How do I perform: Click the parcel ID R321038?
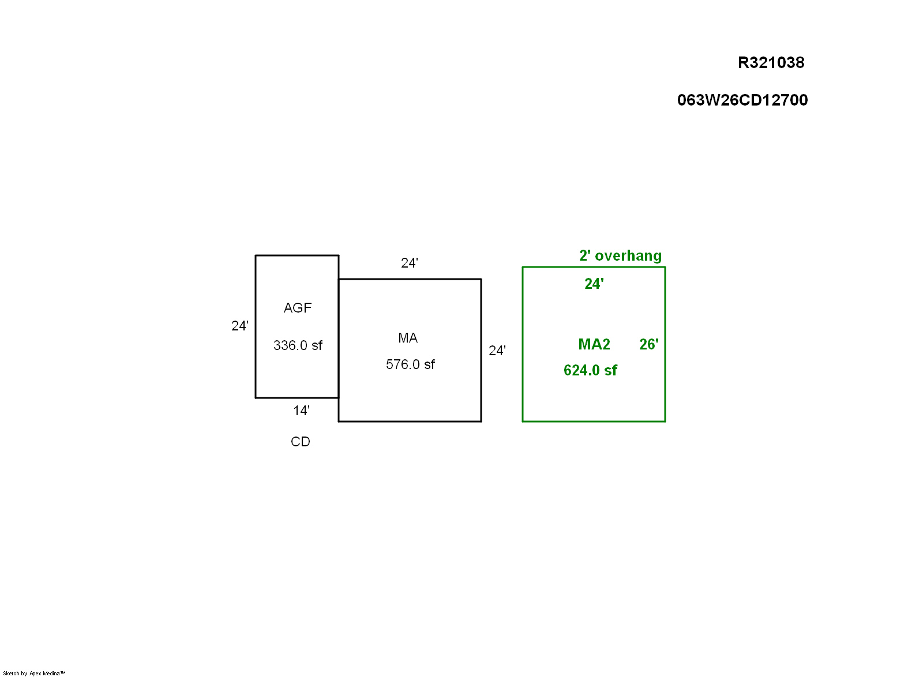[x=771, y=63]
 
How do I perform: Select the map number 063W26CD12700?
[x=742, y=100]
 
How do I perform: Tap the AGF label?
[x=297, y=308]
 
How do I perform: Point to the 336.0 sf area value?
[x=298, y=345]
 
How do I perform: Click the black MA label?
[x=408, y=338]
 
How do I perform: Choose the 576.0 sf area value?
[x=410, y=364]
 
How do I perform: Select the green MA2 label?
[x=594, y=344]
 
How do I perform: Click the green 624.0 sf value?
[x=590, y=370]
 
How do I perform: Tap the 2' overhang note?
[x=620, y=255]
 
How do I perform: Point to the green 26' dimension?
[x=649, y=344]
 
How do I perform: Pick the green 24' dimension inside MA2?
[x=594, y=284]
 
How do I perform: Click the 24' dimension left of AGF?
[x=240, y=326]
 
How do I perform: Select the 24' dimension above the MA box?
[x=410, y=263]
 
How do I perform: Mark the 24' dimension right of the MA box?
[x=497, y=351]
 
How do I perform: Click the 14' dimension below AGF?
[x=301, y=411]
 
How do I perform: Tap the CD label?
[x=301, y=442]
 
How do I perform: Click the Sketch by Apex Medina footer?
[x=34, y=673]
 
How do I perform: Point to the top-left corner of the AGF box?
[x=256, y=255]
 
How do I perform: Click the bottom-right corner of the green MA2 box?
[x=665, y=422]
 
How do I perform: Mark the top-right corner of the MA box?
[x=481, y=279]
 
